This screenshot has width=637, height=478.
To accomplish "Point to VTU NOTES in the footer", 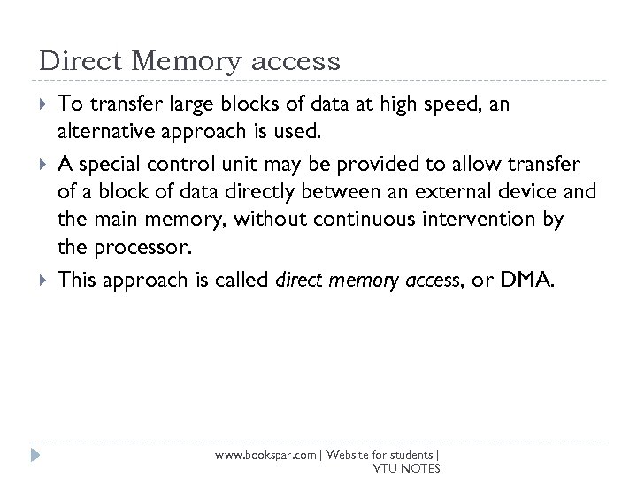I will tap(407, 468).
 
